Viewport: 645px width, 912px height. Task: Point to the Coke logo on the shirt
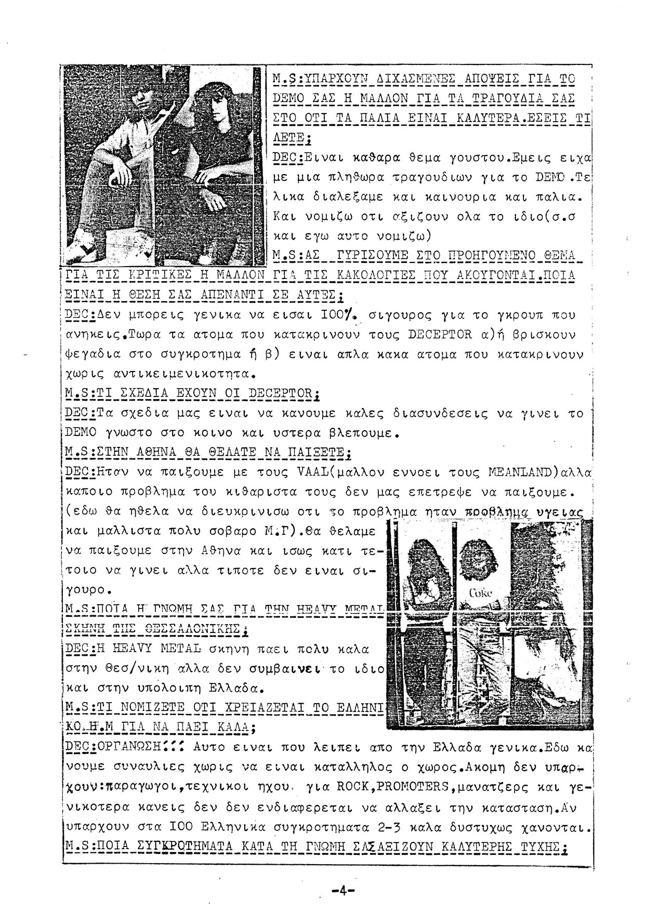click(481, 593)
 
